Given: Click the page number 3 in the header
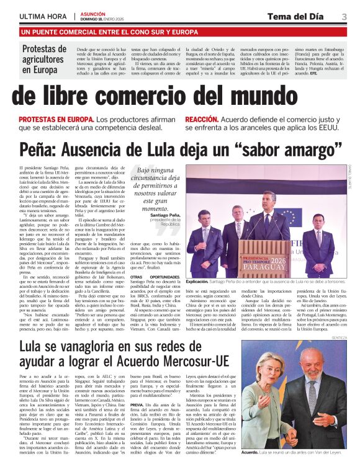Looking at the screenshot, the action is click(x=344, y=16).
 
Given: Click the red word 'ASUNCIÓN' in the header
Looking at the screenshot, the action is click(x=93, y=12).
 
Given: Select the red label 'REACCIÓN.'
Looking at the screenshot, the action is click(x=202, y=119).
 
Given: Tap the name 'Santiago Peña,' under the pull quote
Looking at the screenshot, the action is click(x=155, y=214).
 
